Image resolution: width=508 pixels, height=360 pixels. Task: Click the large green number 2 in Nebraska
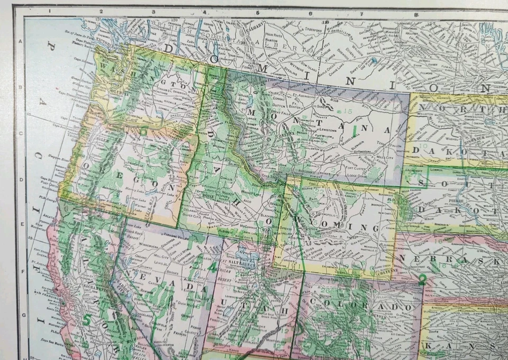click(x=422, y=281)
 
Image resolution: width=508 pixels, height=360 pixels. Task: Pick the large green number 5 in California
click(x=86, y=319)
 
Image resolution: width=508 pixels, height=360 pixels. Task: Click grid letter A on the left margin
click(x=21, y=42)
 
